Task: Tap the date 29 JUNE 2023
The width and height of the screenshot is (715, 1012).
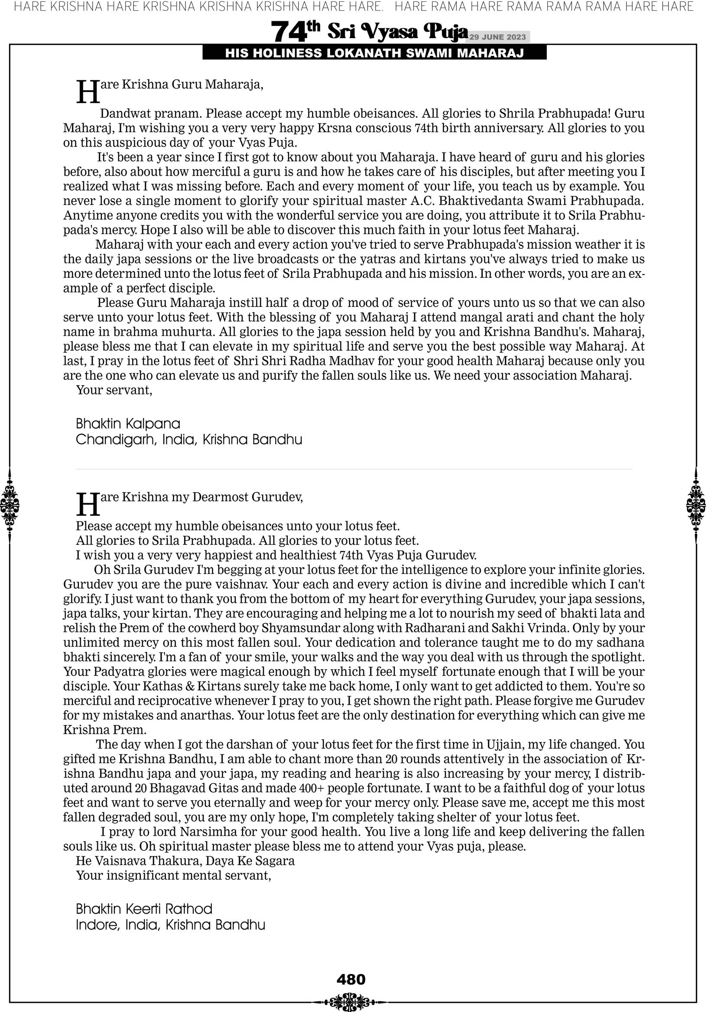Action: [497, 37]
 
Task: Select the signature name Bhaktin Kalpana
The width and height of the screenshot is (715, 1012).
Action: [128, 424]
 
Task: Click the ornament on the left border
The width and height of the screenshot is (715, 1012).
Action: [10, 505]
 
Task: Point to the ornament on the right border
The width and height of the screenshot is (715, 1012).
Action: [696, 505]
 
